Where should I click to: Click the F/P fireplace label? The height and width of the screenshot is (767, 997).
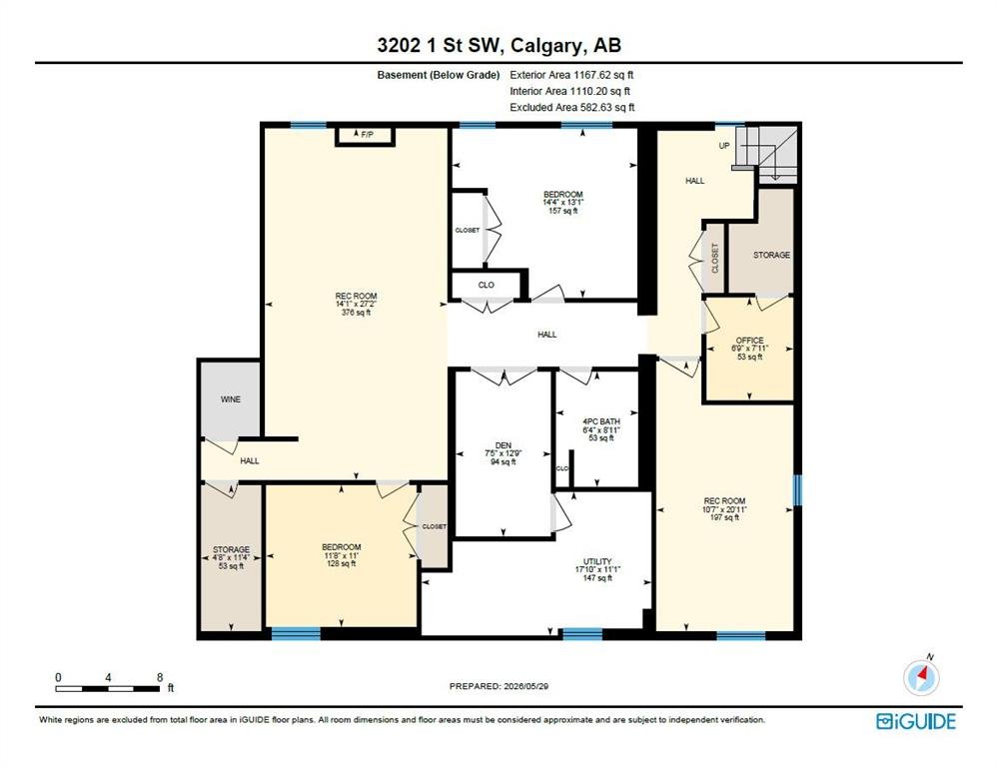[367, 135]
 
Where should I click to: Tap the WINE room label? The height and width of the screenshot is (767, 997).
[230, 399]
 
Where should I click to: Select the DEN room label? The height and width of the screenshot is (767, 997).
[502, 445]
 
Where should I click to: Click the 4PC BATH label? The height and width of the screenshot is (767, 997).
[601, 421]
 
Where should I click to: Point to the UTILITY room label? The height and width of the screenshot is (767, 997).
[597, 561]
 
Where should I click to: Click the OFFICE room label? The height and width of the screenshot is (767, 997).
[749, 340]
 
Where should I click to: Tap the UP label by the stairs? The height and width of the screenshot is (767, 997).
[724, 146]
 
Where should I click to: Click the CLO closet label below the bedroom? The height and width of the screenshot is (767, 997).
[486, 285]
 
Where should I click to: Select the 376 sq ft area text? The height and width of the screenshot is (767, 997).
[356, 312]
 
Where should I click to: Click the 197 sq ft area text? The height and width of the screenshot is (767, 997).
[725, 517]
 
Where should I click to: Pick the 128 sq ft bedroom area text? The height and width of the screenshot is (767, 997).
[342, 563]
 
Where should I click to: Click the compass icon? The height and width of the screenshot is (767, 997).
[921, 677]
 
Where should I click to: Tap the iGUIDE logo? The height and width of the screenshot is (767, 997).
[916, 721]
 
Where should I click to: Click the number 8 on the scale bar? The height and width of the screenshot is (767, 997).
[160, 677]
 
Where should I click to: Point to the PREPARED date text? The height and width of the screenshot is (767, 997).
[498, 686]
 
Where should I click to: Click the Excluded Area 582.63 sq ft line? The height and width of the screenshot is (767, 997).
[572, 108]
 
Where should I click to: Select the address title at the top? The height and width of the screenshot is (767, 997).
[499, 45]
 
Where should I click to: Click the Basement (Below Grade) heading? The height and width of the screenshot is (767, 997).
[439, 75]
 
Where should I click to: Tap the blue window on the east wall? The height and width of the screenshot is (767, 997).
[797, 490]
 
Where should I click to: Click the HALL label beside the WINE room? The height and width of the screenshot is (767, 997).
[250, 460]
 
